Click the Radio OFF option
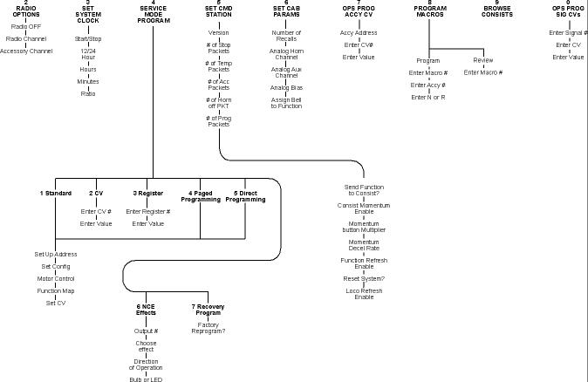pos(26,27)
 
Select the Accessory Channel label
pos(26,51)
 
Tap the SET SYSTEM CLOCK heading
pos(87,11)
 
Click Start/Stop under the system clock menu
pos(87,39)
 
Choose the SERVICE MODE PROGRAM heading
pos(153,11)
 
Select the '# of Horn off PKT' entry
pos(218,103)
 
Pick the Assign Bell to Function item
pos(285,103)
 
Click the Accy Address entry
pos(358,32)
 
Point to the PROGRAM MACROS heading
pos(429,11)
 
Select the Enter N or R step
pos(428,97)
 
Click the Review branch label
pos(482,60)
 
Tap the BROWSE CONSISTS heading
pos(496,11)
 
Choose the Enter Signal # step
pos(568,32)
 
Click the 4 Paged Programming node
pos(206,195)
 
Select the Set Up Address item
pos(55,254)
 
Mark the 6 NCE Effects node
pos(146,310)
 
